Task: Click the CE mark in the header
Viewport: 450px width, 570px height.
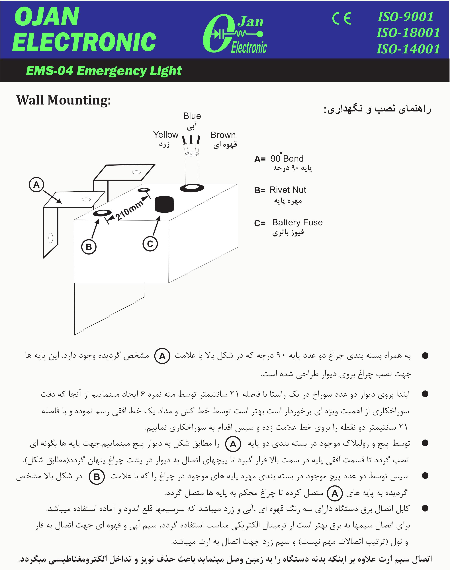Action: (342, 19)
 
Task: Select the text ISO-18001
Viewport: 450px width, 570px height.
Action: (408, 33)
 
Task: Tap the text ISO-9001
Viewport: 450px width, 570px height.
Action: (406, 17)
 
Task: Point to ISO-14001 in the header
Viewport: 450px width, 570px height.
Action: (408, 49)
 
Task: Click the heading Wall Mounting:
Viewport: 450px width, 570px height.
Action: (64, 100)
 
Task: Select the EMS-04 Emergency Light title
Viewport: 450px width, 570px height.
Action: (104, 71)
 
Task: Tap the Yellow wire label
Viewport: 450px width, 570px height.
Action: (166, 135)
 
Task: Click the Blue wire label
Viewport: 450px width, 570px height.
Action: (192, 116)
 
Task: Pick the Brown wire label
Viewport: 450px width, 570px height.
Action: (223, 135)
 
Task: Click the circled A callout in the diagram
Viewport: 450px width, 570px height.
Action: (36, 184)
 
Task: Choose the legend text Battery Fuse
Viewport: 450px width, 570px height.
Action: (297, 222)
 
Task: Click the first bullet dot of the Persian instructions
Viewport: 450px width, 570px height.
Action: (425, 356)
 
